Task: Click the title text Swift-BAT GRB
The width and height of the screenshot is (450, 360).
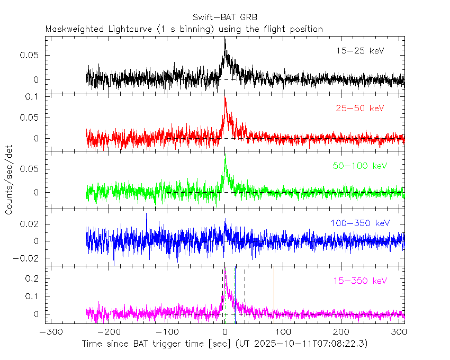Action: (x=225, y=17)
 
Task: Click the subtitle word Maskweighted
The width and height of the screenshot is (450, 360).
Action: (x=71, y=29)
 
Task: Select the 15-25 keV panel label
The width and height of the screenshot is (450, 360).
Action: (x=359, y=51)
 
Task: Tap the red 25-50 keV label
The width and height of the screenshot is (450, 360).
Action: (x=359, y=109)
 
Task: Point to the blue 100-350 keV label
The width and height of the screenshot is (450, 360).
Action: (x=360, y=223)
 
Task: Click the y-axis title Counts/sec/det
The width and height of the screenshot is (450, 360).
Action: (x=9, y=180)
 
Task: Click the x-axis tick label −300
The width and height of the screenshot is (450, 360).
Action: (x=49, y=333)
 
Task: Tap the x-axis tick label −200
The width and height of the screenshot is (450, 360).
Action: (x=108, y=333)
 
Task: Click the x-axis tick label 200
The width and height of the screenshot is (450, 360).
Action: (x=342, y=333)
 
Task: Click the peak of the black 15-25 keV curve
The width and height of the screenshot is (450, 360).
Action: (x=225, y=38)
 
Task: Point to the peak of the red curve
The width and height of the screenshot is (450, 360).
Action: (x=226, y=97)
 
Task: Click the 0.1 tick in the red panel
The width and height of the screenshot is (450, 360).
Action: (x=35, y=97)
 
